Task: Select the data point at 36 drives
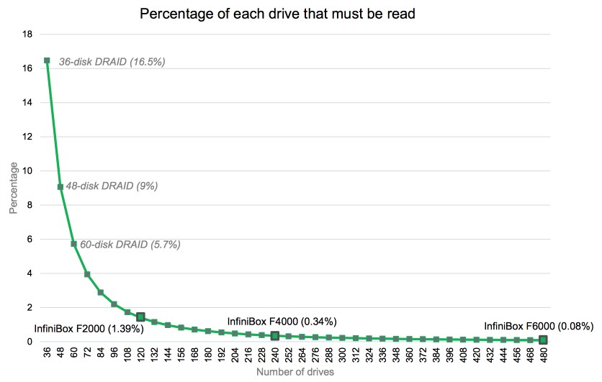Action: tap(47, 60)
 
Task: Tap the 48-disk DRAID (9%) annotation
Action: tap(112, 186)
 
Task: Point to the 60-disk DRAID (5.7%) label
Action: tap(130, 245)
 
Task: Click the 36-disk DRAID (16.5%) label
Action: tap(112, 63)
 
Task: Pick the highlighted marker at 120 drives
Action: tap(141, 317)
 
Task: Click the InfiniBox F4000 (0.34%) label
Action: tap(282, 322)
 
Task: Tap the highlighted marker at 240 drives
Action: tap(275, 335)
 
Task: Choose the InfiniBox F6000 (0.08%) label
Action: tap(536, 325)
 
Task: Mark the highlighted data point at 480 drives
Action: tap(543, 340)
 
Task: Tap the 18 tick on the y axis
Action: tap(28, 34)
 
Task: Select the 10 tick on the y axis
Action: tap(28, 170)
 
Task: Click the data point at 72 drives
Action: tap(87, 274)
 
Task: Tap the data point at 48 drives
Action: tap(60, 187)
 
